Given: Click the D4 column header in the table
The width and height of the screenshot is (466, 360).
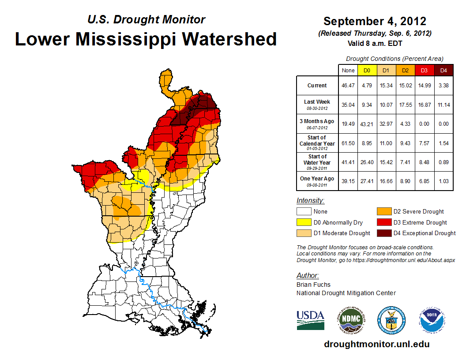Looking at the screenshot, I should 443,70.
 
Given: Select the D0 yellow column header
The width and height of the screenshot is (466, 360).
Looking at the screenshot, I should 367,70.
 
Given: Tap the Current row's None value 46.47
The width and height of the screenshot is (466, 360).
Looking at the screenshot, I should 348,86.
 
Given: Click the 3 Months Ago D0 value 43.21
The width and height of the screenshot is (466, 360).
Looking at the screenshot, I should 367,124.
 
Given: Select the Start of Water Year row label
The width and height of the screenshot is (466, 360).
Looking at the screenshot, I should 317,162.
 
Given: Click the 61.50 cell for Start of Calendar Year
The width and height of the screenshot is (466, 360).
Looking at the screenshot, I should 348,143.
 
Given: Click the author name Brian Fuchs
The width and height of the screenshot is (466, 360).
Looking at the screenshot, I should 313,285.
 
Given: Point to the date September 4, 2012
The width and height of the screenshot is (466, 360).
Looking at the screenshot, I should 375,21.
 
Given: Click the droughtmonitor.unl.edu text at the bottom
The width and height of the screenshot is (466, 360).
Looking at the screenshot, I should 376,344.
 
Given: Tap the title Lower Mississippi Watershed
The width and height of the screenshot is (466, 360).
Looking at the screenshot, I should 146,39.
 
